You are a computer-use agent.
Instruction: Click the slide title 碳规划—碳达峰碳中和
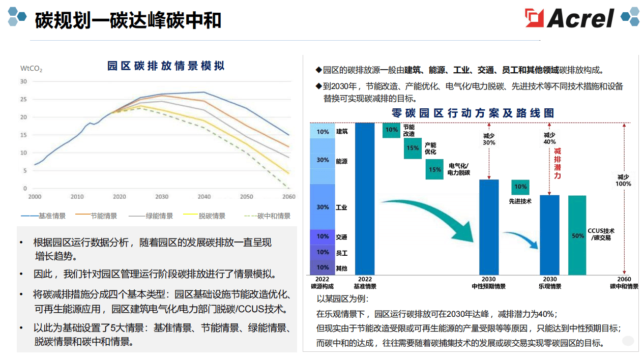point(128,20)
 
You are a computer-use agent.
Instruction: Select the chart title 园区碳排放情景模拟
point(166,66)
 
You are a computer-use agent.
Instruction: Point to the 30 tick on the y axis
point(23,81)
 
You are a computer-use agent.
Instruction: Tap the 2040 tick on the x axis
point(204,197)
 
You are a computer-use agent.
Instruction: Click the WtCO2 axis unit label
point(31,68)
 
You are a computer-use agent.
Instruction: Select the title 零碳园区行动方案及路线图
point(473,113)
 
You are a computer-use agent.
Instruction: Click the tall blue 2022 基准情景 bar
point(365,198)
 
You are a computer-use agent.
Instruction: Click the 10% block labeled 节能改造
point(391,130)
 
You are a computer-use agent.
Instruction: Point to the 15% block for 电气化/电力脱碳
point(434,170)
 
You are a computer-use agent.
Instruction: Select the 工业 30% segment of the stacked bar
point(323,207)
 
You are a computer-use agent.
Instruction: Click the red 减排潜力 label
point(558,163)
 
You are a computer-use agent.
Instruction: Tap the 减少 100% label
point(624,180)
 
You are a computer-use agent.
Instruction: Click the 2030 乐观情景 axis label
point(549,283)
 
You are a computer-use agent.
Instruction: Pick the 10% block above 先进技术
point(520,187)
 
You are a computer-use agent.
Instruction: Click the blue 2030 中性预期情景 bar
point(489,227)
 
